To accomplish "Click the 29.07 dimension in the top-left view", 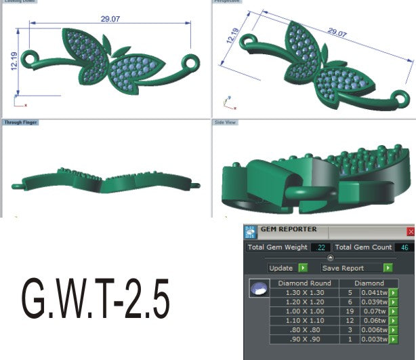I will click(x=110, y=19).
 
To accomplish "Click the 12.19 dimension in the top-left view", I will click(x=14, y=60).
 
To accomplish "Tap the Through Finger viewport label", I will click(x=20, y=123).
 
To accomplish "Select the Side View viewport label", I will click(x=225, y=123).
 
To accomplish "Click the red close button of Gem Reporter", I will click(x=411, y=231).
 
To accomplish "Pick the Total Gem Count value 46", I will click(x=404, y=247).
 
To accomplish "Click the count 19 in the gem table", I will click(x=349, y=312).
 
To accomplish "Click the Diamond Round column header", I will click(x=304, y=283).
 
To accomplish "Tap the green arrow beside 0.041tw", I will click(x=393, y=293).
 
